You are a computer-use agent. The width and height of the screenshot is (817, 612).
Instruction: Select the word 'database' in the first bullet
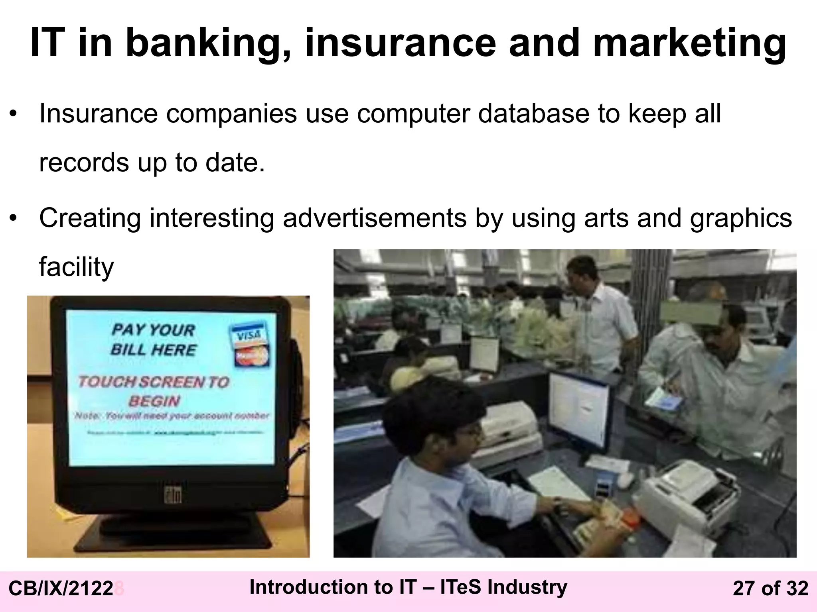[x=533, y=114]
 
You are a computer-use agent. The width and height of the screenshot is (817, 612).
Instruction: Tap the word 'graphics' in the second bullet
[x=741, y=218]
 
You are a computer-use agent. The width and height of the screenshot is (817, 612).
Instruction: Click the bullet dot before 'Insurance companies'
[x=14, y=114]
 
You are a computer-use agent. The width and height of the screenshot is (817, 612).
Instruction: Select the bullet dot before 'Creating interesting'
[x=14, y=218]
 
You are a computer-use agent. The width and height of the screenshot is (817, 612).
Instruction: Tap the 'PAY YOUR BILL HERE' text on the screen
[x=154, y=339]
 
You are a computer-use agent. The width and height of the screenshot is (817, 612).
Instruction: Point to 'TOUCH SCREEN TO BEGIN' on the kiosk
[x=154, y=391]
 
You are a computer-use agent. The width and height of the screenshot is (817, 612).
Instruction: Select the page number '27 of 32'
[x=770, y=588]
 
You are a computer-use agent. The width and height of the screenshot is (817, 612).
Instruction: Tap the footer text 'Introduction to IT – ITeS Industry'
[x=408, y=587]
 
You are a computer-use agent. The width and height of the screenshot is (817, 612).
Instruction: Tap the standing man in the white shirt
[x=598, y=315]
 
